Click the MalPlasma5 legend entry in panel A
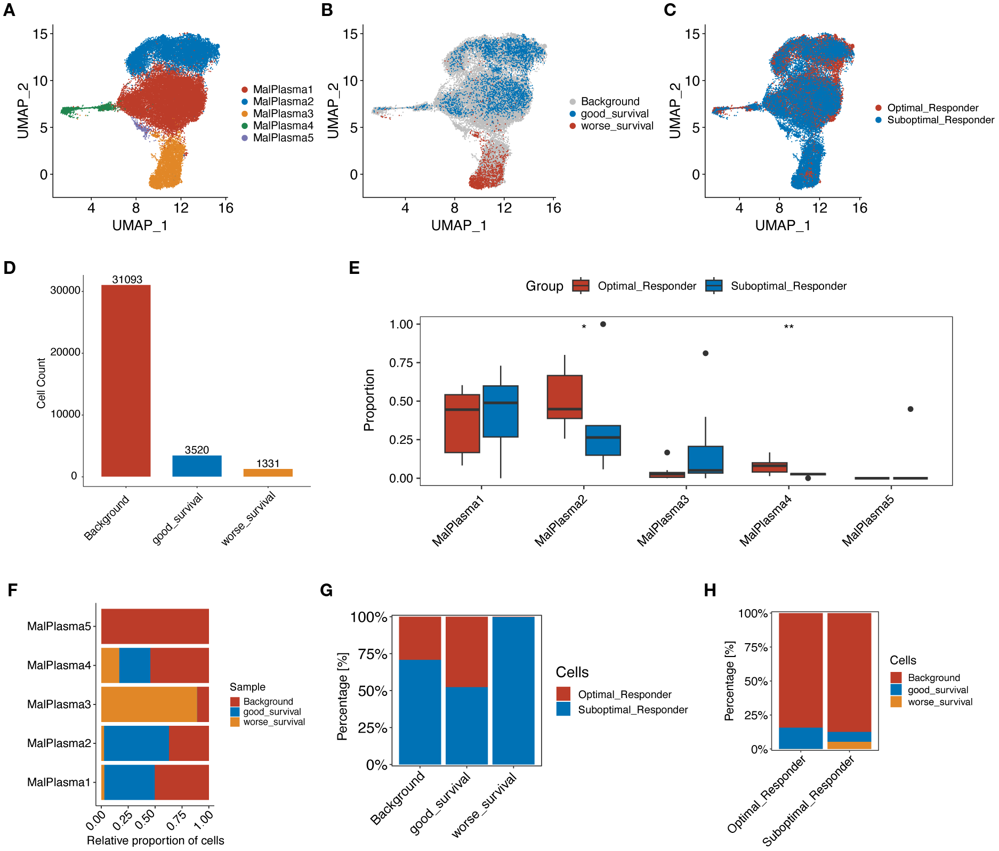click(283, 138)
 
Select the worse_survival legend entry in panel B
click(616, 126)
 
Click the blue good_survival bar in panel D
click(197, 466)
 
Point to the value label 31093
click(127, 279)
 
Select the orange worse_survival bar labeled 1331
click(268, 473)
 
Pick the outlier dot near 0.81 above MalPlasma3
click(705, 353)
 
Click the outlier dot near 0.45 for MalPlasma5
click(910, 409)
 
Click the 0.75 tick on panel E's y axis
click(401, 363)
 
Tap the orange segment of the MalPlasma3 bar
click(149, 704)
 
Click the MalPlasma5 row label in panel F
click(59, 626)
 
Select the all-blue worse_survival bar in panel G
click(513, 691)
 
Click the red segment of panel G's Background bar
click(420, 638)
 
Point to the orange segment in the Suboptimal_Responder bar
click(849, 745)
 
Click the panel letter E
click(354, 268)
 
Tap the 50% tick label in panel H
click(755, 682)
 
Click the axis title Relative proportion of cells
click(155, 840)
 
